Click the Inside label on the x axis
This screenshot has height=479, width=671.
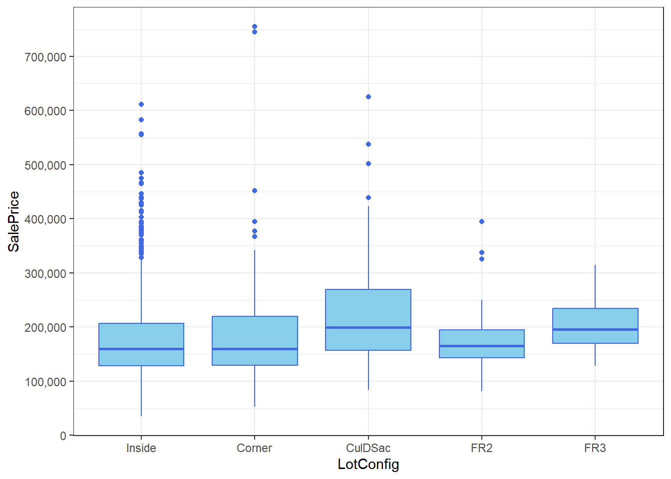tap(141, 448)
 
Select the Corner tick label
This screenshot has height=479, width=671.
tap(254, 448)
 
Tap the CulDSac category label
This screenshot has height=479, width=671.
tap(368, 448)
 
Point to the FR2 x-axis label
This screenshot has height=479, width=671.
tap(481, 448)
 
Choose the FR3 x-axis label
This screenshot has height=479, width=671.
tap(595, 448)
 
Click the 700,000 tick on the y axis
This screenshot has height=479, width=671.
tap(45, 57)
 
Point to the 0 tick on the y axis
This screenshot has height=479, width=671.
tap(63, 436)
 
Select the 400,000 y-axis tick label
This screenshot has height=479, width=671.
tap(45, 219)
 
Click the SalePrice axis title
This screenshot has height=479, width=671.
tap(13, 222)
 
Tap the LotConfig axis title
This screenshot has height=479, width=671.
tap(368, 464)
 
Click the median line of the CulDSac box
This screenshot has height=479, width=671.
tap(368, 327)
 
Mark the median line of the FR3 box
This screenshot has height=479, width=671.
tap(595, 329)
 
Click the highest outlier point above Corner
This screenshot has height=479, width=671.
tap(255, 26)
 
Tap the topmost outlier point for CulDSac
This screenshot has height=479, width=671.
tap(368, 97)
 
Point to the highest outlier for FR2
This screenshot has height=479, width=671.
tap(482, 222)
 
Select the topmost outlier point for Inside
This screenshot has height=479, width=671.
tap(141, 104)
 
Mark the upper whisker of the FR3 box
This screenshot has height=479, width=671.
tap(595, 286)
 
